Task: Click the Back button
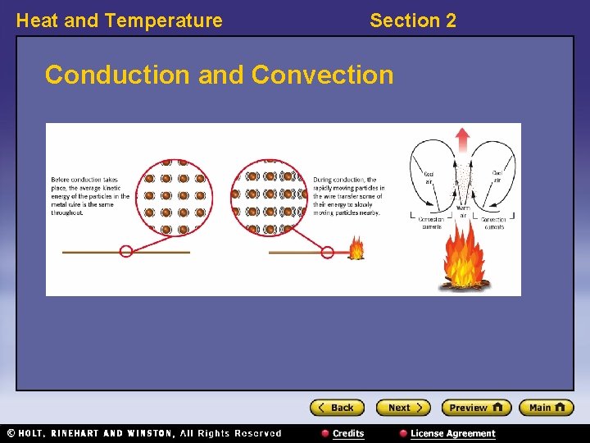337,408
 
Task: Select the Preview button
476,408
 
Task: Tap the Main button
547,408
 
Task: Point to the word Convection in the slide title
323,75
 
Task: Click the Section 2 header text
413,21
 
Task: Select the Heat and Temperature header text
120,21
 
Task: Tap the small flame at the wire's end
356,249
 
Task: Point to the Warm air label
463,212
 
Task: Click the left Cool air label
429,176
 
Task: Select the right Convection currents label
494,223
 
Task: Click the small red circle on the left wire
126,251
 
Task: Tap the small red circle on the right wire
327,252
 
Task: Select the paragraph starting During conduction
348,196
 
